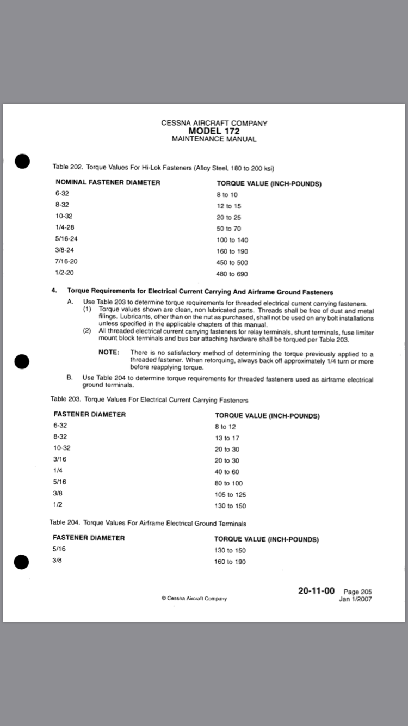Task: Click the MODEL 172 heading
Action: pyautogui.click(x=214, y=131)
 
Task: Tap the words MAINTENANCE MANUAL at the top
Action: pyautogui.click(x=214, y=139)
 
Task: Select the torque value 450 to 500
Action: pyautogui.click(x=232, y=263)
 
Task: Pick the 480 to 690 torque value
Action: pyautogui.click(x=232, y=274)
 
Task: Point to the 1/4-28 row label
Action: pyautogui.click(x=65, y=227)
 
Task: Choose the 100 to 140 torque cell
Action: pyautogui.click(x=232, y=240)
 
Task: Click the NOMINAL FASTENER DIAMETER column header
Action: pyautogui.click(x=108, y=182)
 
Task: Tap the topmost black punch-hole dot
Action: pyautogui.click(x=22, y=162)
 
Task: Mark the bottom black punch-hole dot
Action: pyautogui.click(x=21, y=562)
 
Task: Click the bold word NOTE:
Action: pyautogui.click(x=109, y=352)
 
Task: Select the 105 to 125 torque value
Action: pyautogui.click(x=230, y=495)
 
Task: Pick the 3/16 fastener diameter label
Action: pyautogui.click(x=60, y=459)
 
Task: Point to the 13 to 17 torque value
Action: pyautogui.click(x=227, y=438)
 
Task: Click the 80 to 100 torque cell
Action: pyautogui.click(x=228, y=483)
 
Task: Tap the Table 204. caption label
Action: pyautogui.click(x=65, y=523)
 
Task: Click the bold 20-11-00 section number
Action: pyautogui.click(x=316, y=591)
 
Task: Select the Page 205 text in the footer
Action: pyautogui.click(x=358, y=592)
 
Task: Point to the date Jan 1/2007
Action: pyautogui.click(x=355, y=599)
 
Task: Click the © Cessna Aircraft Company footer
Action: pyautogui.click(x=194, y=598)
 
